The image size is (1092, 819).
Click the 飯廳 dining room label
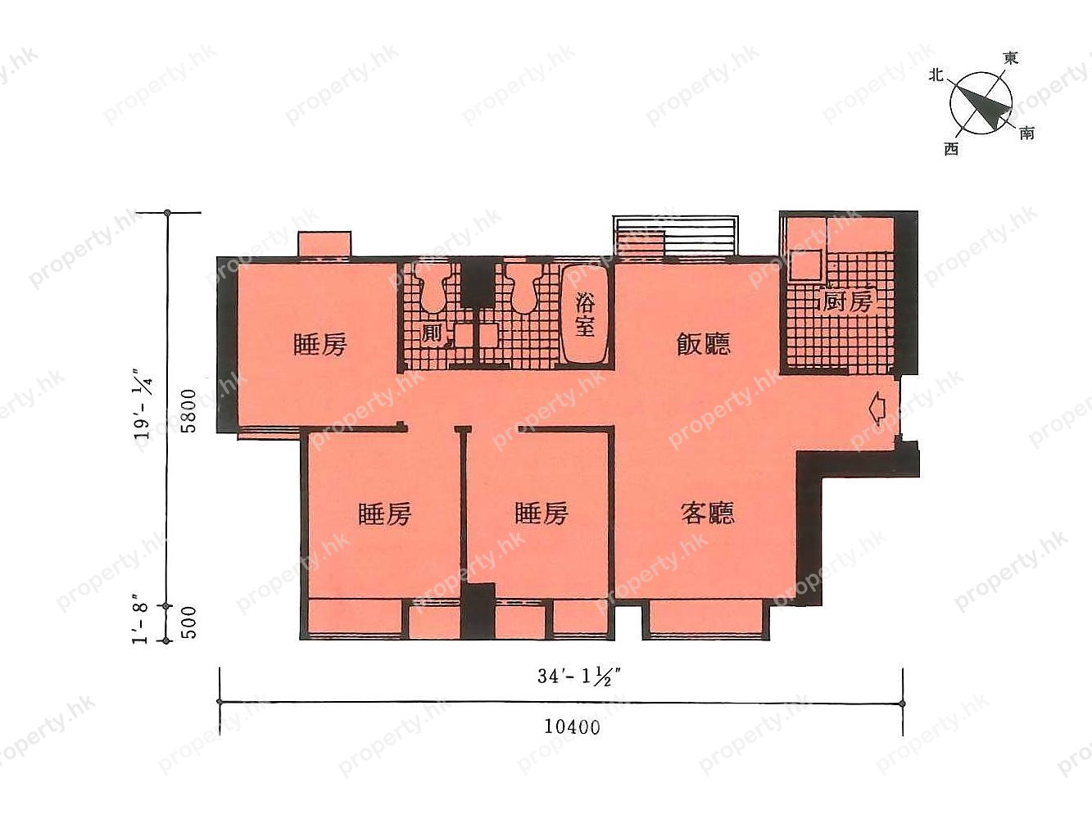coord(703,344)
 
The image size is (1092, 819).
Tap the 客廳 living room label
coord(707,514)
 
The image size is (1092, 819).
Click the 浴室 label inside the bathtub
coord(584,314)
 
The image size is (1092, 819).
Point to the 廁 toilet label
coord(432,334)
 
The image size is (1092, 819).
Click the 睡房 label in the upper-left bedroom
coord(320,344)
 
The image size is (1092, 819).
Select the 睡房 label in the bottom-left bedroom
coord(384,514)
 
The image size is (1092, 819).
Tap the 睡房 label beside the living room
coord(541,514)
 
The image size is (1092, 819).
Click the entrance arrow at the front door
coord(876,407)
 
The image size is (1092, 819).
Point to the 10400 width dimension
coord(571,726)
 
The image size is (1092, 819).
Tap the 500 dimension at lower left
coord(188,624)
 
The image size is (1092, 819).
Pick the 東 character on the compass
coord(1011,58)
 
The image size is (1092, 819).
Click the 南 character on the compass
coord(1027,133)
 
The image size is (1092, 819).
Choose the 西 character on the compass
coord(951,149)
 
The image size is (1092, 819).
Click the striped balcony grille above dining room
coord(676,236)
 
